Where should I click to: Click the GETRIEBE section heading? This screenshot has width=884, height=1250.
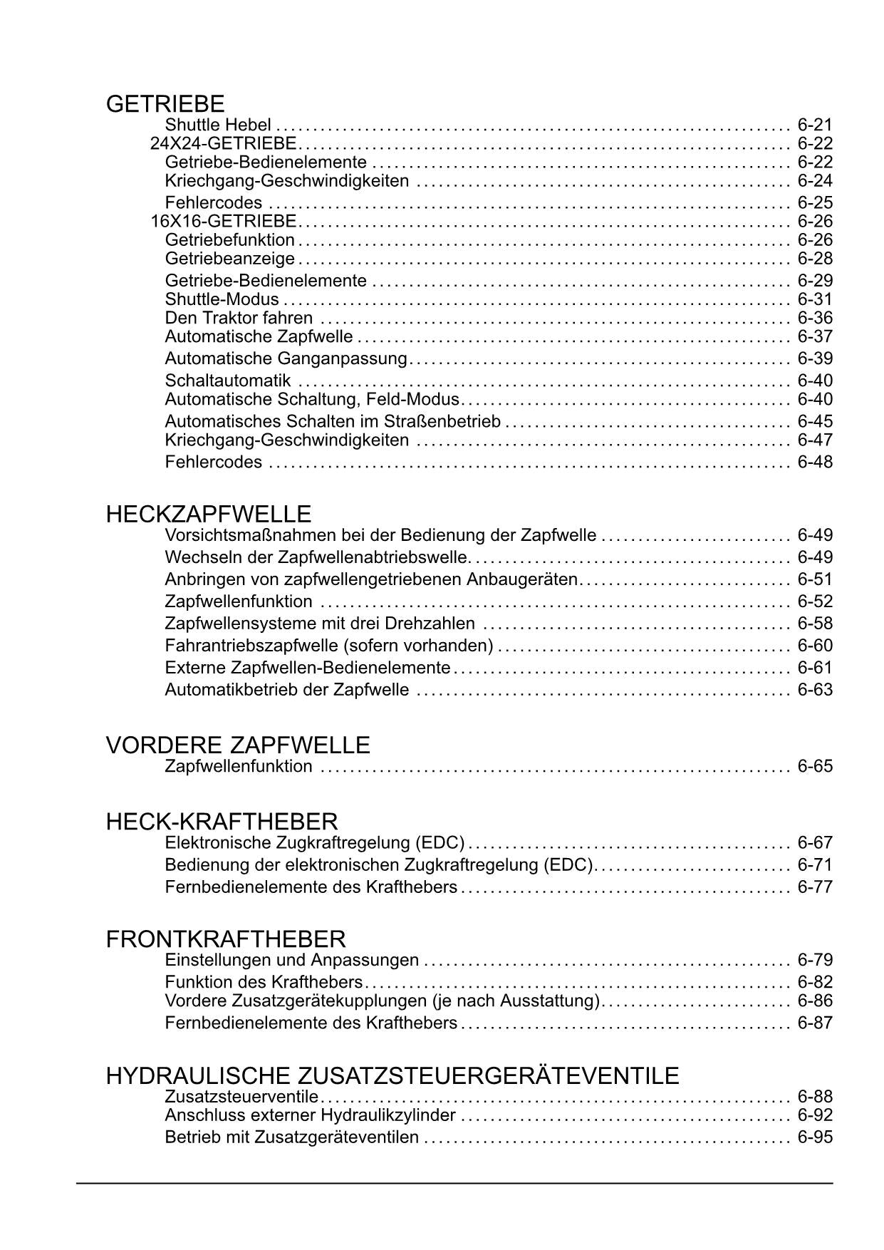tap(165, 104)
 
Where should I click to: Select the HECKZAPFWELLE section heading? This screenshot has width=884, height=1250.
tap(209, 514)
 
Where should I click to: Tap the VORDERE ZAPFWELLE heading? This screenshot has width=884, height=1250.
tap(238, 745)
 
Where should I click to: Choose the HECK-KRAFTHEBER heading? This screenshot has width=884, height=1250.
tap(222, 822)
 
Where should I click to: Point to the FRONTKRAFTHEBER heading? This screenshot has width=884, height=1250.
tap(226, 939)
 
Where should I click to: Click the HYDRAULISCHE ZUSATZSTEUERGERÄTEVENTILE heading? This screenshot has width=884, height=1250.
tap(392, 1075)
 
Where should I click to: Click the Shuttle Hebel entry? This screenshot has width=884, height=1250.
tap(218, 125)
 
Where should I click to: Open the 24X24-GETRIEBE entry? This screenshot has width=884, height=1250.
tap(224, 143)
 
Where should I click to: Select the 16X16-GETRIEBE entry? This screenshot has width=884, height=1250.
tap(224, 221)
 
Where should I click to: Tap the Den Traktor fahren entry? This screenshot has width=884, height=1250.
tap(239, 318)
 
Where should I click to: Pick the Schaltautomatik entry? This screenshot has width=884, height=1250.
tap(228, 381)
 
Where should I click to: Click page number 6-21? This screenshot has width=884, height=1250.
tap(815, 125)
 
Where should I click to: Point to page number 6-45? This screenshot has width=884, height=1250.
tap(815, 421)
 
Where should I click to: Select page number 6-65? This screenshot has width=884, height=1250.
tap(815, 767)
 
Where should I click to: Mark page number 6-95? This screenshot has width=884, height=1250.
tap(815, 1137)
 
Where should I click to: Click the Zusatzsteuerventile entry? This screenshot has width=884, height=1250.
tap(241, 1096)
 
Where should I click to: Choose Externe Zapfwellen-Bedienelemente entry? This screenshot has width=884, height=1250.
tap(308, 668)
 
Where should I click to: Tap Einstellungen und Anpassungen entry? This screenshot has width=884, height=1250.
tap(292, 960)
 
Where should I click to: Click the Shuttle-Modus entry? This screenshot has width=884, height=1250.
tap(222, 299)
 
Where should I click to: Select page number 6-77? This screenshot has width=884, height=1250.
tap(815, 887)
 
